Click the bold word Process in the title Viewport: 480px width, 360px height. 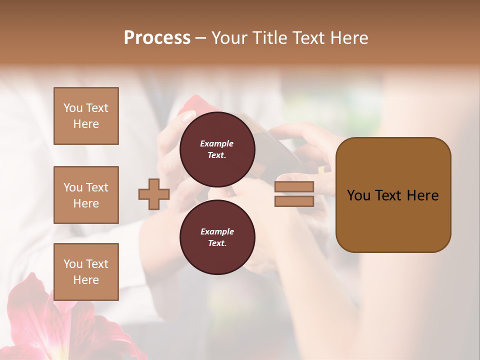(157, 38)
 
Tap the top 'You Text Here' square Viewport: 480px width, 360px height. (86, 116)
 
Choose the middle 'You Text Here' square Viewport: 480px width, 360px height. (86, 195)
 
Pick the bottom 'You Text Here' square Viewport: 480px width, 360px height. (86, 272)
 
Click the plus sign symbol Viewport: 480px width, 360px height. (154, 194)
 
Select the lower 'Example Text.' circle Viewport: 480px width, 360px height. (217, 237)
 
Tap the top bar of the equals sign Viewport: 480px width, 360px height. (294, 187)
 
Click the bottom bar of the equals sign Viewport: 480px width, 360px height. (294, 201)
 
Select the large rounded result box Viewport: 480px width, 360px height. (393, 195)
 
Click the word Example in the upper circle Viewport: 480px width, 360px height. (217, 143)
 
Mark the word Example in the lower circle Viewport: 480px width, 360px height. (217, 231)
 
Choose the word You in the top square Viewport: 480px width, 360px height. (73, 108)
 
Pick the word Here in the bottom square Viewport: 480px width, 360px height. (86, 280)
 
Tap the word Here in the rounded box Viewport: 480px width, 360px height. (422, 195)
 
